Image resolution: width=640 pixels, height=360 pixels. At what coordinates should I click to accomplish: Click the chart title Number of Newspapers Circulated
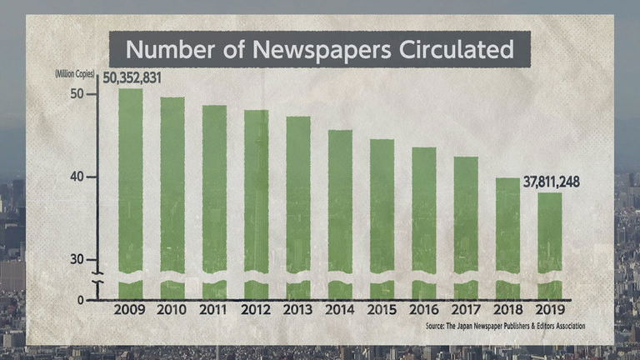(320, 50)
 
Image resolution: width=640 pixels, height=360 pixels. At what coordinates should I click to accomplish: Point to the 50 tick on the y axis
(77, 94)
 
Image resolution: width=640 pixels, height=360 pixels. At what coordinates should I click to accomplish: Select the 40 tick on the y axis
(77, 177)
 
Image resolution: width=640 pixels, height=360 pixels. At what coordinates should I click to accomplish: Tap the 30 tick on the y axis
(77, 259)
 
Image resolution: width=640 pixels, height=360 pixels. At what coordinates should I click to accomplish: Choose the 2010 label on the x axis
(172, 310)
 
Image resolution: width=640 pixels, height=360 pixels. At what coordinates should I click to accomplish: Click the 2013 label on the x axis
(297, 310)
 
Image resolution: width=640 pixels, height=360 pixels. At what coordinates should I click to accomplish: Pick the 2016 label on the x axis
(423, 310)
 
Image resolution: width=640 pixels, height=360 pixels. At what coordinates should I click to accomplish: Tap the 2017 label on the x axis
(465, 310)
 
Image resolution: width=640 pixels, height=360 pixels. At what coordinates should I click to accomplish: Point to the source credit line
(505, 325)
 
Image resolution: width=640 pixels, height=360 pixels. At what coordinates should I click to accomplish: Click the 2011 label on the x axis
(214, 310)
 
